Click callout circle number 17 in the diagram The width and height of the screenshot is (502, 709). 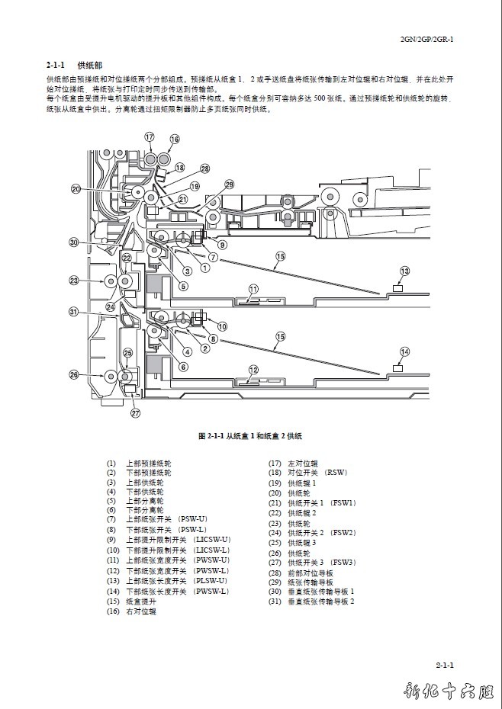click(150, 137)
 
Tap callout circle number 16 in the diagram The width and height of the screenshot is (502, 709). click(175, 140)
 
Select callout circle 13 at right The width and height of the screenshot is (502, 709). click(404, 271)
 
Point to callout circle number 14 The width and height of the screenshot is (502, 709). click(404, 351)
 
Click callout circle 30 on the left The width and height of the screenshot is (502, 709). click(74, 242)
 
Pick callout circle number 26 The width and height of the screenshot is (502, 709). click(74, 374)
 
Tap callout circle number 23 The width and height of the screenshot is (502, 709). click(74, 281)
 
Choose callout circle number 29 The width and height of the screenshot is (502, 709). click(229, 184)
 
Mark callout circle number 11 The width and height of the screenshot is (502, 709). click(253, 289)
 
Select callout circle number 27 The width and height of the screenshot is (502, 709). click(136, 413)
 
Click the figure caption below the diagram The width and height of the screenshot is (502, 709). click(250, 436)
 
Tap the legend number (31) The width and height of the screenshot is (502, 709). click(275, 602)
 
